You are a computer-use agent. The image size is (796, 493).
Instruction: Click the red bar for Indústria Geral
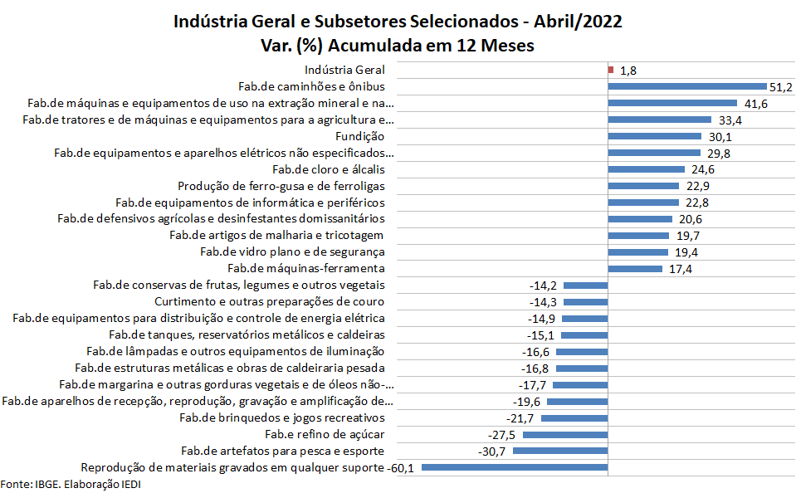(x=611, y=70)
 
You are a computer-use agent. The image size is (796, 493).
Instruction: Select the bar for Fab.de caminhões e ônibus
(x=686, y=86)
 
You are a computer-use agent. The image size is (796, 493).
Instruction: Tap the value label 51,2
(x=781, y=86)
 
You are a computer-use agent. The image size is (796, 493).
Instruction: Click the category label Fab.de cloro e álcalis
(x=323, y=169)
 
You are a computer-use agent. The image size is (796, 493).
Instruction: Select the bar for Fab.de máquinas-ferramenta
(x=635, y=269)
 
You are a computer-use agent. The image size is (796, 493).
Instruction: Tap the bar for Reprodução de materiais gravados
(x=515, y=468)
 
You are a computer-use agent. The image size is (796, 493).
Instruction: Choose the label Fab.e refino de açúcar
(x=325, y=434)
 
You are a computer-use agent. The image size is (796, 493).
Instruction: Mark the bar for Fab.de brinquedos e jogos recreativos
(x=574, y=417)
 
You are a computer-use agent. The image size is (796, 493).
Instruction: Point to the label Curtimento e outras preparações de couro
(x=270, y=301)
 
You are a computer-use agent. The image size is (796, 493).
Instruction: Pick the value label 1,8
(x=629, y=71)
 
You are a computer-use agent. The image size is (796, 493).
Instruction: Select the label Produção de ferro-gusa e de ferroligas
(x=281, y=186)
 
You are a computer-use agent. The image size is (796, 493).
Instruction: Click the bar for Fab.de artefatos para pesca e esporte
(x=560, y=452)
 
